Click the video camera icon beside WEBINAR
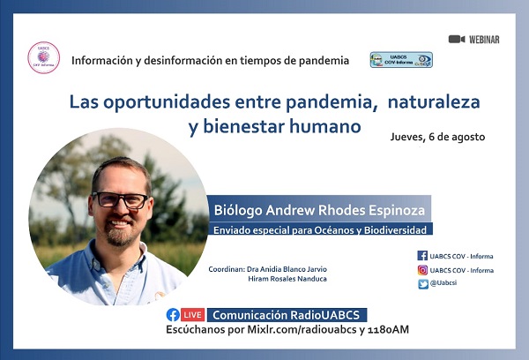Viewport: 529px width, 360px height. coord(456,39)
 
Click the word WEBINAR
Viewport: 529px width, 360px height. coord(485,40)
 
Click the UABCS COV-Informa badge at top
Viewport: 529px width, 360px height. coord(401,59)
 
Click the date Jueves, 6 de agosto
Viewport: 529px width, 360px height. coord(437,137)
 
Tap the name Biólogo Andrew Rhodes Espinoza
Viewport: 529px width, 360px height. coord(320,210)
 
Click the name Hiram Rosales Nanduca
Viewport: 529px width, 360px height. coord(290,279)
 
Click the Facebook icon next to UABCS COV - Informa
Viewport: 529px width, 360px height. coord(422,256)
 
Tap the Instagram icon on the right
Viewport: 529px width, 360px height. coord(422,270)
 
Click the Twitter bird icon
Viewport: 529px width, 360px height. coord(422,283)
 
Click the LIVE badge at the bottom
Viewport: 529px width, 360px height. coord(193,315)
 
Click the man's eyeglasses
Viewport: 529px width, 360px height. coord(121,199)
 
